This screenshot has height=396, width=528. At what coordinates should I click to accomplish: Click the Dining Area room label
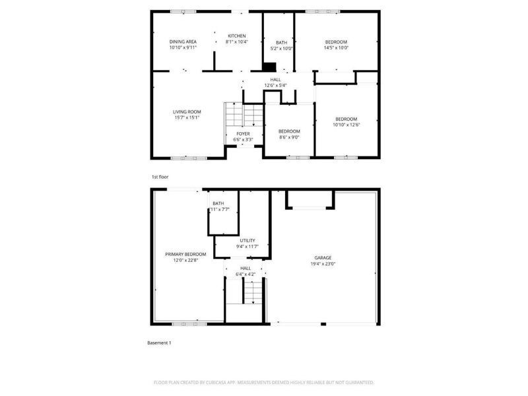[x=183, y=42]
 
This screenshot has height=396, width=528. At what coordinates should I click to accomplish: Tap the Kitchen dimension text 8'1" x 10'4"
[x=236, y=42]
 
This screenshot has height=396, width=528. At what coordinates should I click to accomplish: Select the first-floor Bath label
[x=281, y=42]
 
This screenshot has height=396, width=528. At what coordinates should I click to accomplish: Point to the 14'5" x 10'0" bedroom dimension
[x=335, y=48]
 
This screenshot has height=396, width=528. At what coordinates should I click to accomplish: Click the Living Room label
[x=187, y=112]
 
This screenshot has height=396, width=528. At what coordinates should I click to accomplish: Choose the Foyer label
[x=243, y=134]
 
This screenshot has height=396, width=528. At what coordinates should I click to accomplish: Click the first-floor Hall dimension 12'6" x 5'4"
[x=275, y=85]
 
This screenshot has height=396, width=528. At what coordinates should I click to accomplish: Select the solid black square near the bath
[x=269, y=66]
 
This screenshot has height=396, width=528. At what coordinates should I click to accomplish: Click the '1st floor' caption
[x=160, y=177]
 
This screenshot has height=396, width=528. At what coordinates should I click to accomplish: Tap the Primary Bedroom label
[x=185, y=254]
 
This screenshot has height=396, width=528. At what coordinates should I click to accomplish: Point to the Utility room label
[x=247, y=240]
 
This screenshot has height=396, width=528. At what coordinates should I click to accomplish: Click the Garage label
[x=323, y=257]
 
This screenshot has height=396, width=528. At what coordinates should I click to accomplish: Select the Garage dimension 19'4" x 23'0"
[x=323, y=263]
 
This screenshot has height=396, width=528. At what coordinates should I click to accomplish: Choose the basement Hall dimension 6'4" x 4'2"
[x=246, y=274]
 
